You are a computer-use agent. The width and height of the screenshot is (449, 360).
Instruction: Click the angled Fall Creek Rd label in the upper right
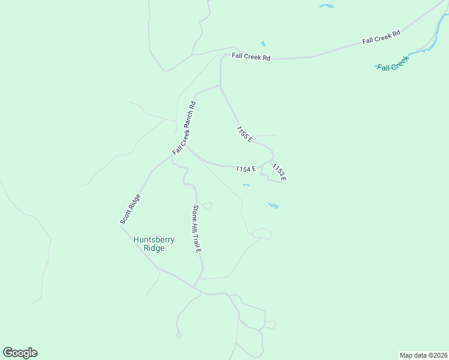(x=381, y=38)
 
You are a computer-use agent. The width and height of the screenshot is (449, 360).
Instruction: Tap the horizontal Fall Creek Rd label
(x=252, y=58)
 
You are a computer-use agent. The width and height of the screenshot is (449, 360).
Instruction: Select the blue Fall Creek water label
(x=393, y=63)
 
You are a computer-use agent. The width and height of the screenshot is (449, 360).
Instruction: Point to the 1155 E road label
(x=244, y=134)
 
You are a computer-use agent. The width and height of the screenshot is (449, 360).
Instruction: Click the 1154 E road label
(x=246, y=169)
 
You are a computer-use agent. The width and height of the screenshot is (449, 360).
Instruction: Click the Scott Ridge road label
(x=130, y=209)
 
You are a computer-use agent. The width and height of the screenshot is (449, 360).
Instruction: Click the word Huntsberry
(x=154, y=239)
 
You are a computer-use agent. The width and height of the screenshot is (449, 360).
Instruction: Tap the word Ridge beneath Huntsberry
(x=154, y=248)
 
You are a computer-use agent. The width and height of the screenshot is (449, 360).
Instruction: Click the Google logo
(x=20, y=353)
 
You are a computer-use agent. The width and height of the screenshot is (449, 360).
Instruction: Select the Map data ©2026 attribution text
(x=423, y=355)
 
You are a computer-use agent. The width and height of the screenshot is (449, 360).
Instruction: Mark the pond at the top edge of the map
(x=327, y=7)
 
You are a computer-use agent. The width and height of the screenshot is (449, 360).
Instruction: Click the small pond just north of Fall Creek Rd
(x=263, y=44)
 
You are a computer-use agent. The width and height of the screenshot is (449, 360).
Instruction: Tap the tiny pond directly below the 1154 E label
(x=246, y=185)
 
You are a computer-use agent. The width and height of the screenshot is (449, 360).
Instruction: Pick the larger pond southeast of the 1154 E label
(x=273, y=206)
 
